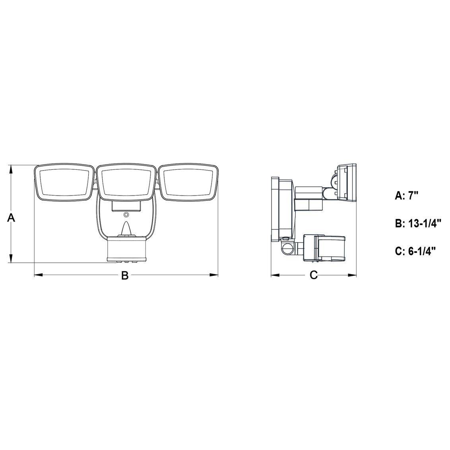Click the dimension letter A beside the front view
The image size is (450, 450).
tap(11, 218)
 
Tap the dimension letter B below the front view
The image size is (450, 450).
tap(124, 275)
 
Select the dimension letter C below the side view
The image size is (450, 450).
tap(314, 275)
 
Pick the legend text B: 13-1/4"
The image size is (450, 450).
tap(418, 223)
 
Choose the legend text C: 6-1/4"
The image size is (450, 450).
tap(415, 251)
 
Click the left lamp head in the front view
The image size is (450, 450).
tap(64, 182)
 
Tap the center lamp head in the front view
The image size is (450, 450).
tap(126, 182)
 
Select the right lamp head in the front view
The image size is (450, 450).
tap(188, 182)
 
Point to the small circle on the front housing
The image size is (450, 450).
tap(126, 215)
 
